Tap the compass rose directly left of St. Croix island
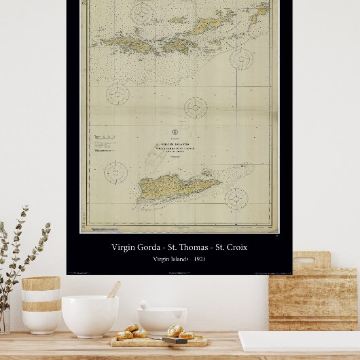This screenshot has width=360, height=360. [x=115, y=172]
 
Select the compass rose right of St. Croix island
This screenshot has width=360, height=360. [x=236, y=198]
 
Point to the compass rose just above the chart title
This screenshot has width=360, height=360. [x=195, y=107]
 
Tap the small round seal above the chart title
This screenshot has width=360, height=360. [x=175, y=132]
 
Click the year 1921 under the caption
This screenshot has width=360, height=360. [x=198, y=259]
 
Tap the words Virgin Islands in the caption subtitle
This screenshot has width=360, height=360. [x=170, y=259]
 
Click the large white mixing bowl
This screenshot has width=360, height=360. [x=90, y=315]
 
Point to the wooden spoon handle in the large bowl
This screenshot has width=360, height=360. [x=113, y=289]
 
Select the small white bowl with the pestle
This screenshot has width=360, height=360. [x=162, y=320]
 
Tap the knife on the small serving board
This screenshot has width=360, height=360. [x=175, y=340]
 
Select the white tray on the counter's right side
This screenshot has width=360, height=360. [x=299, y=340]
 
